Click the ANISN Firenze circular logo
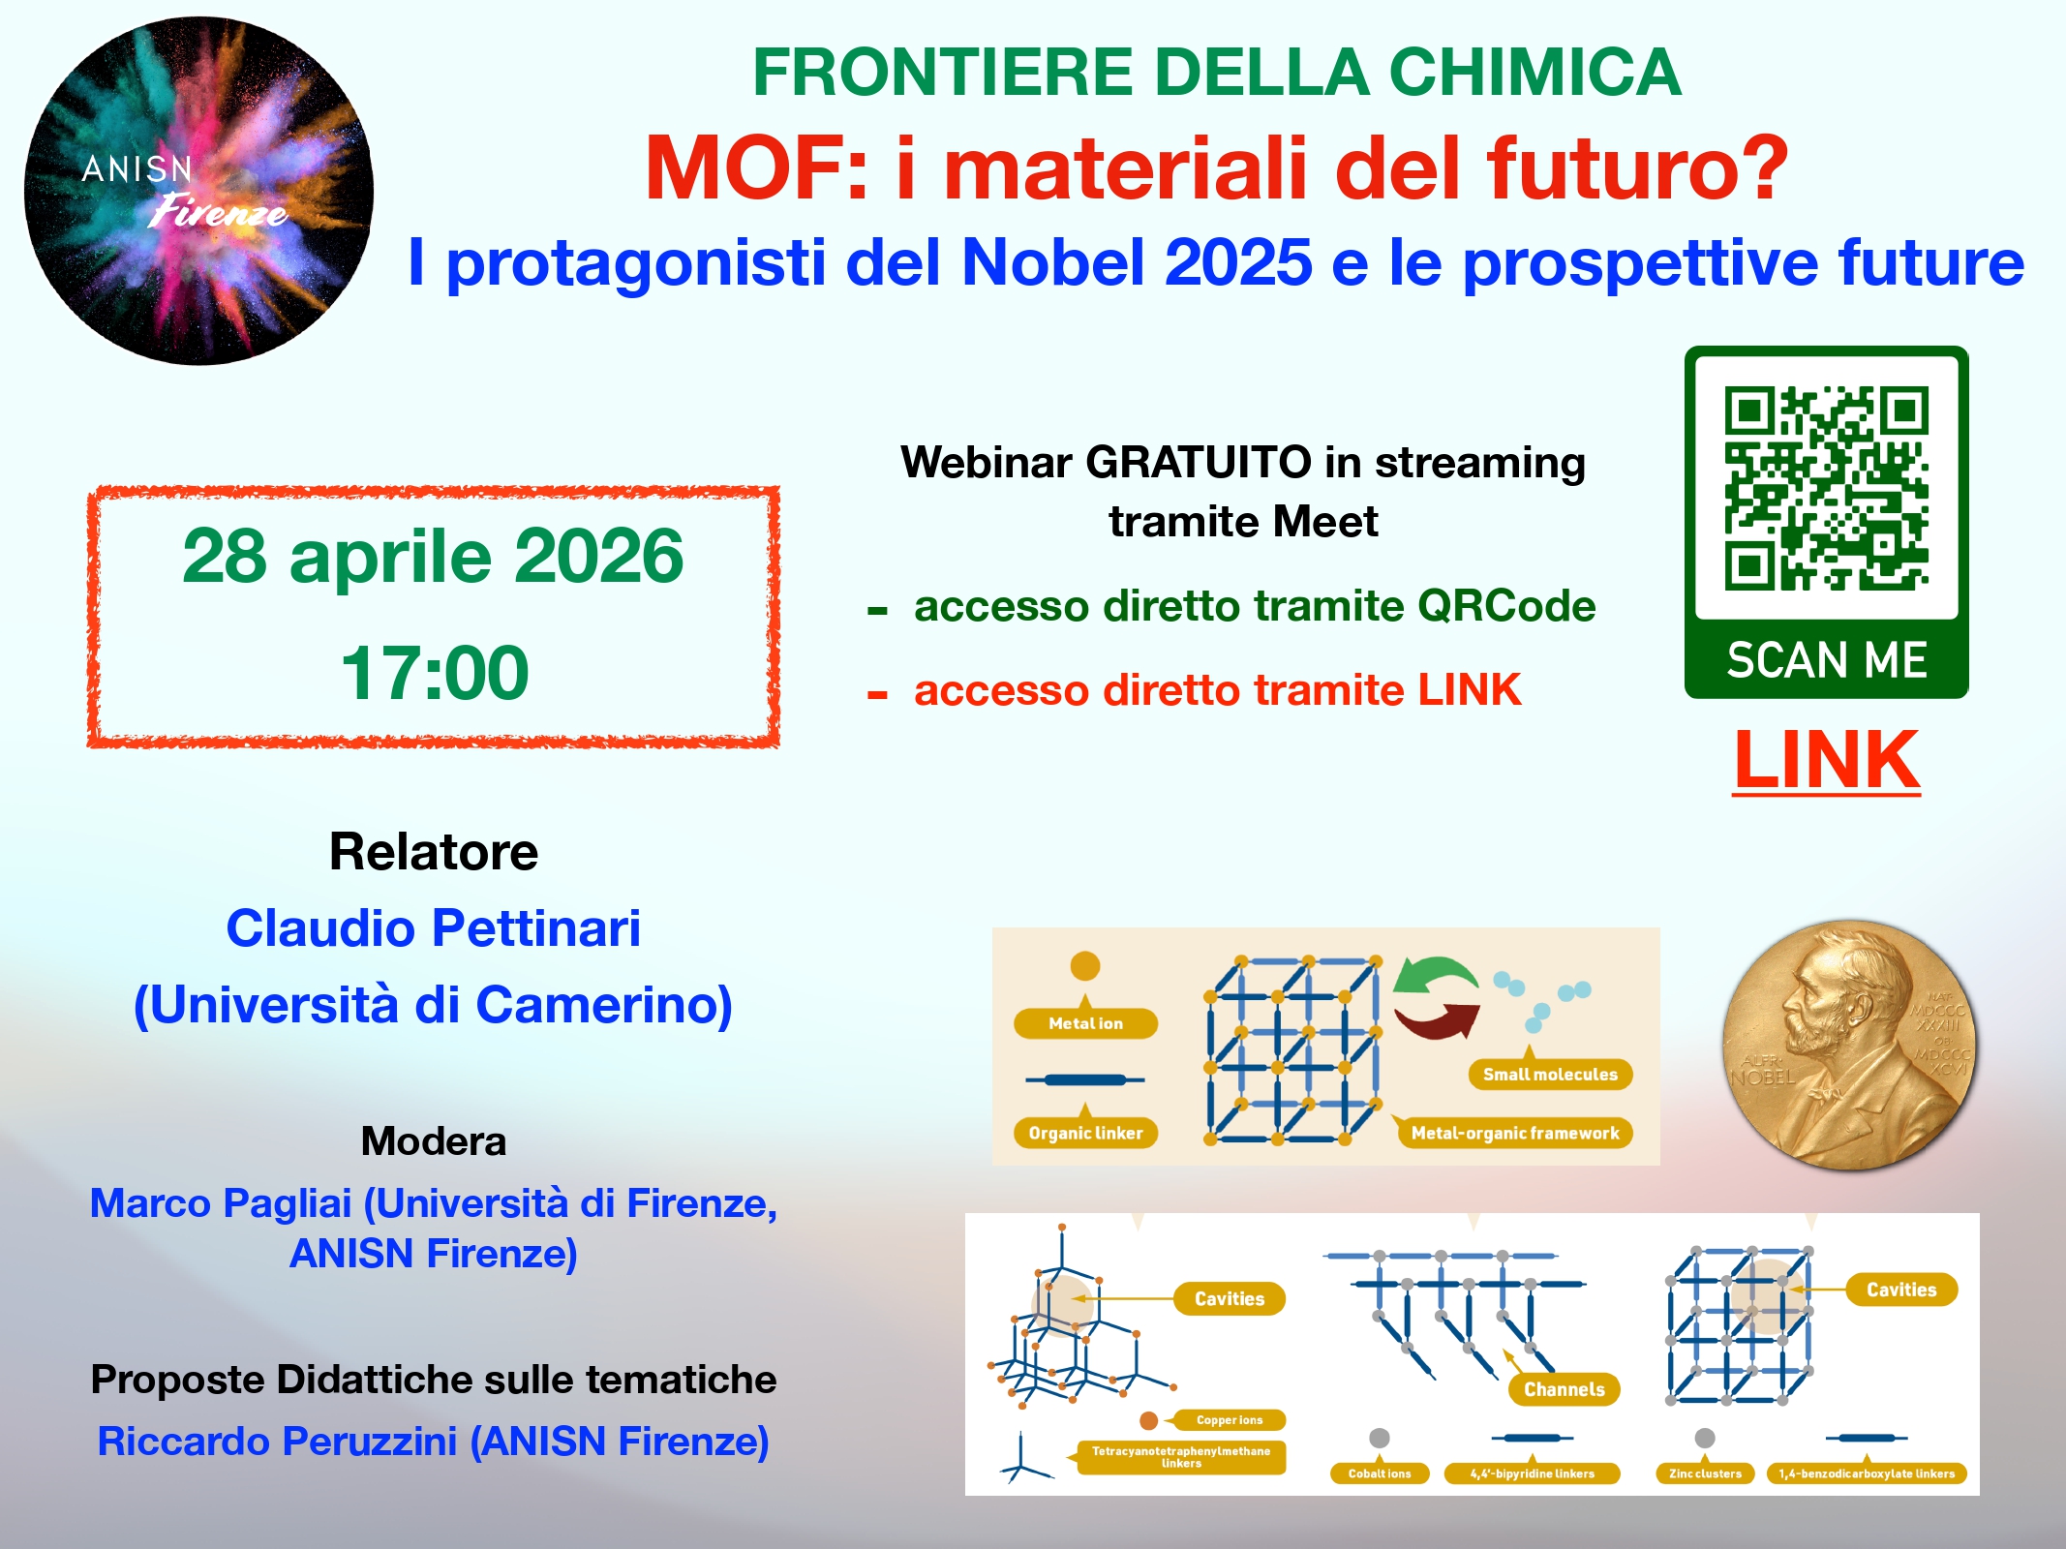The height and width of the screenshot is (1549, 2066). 199,191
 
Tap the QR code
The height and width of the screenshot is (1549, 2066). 1826,488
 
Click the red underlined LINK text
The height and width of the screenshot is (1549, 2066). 1827,761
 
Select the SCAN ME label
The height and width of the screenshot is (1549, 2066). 1827,660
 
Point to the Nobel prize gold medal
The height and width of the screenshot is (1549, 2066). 1850,1045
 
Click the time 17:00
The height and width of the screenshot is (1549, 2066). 435,672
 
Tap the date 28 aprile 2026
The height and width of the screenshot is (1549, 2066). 433,556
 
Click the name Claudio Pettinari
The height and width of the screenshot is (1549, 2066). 434,928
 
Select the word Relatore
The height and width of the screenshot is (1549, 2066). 434,852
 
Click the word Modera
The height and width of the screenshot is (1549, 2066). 434,1141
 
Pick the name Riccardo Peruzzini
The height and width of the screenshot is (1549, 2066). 278,1442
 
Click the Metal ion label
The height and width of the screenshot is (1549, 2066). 1085,1023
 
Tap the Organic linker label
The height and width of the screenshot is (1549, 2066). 1085,1133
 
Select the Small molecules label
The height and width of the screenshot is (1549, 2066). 1550,1075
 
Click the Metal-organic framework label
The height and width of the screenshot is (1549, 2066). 1515,1133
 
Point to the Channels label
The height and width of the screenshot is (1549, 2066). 1564,1389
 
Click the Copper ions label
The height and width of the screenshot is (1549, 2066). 1229,1420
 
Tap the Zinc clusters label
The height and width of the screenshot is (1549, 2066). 1705,1473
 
